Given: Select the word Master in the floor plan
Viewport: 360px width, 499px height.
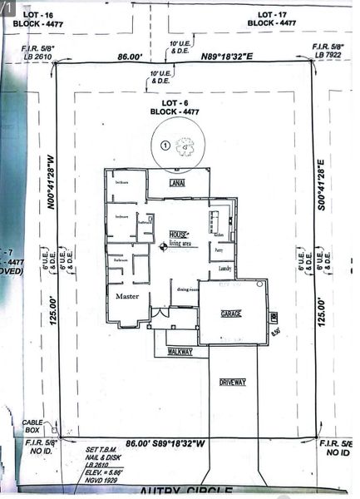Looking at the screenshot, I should [x=127, y=296].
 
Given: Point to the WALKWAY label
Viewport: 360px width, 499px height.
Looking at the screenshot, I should [x=180, y=352].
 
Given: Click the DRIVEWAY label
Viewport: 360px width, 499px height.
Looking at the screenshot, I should [x=234, y=383].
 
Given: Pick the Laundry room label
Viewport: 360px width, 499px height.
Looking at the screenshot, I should [x=224, y=269].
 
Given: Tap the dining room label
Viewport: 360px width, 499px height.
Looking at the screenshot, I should [x=188, y=289].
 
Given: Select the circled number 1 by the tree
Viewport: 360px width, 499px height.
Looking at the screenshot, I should [x=165, y=145].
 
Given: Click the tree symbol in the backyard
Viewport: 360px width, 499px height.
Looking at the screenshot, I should [x=185, y=146].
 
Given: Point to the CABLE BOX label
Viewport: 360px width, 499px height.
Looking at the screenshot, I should [x=32, y=427].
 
